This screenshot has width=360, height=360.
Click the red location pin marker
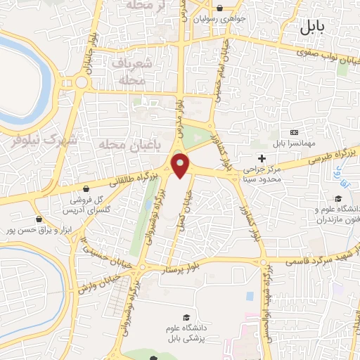pyautogui.click(x=181, y=165)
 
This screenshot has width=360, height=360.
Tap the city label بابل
pyautogui.click(x=312, y=29)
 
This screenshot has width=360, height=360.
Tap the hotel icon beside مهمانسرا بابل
pyautogui.click(x=293, y=133)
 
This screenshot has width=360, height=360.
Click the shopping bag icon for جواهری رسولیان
pyautogui.click(x=221, y=9)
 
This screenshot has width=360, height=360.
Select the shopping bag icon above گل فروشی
pyautogui.click(x=86, y=188)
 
